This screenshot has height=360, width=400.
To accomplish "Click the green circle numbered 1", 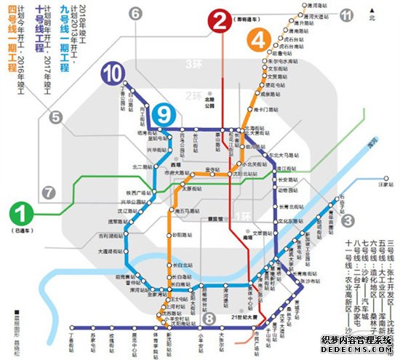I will click(x=21, y=216).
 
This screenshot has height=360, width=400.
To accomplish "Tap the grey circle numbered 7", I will click(x=49, y=193).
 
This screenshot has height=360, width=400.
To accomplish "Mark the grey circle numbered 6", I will click(x=135, y=15).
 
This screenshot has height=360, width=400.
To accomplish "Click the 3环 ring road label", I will click(x=193, y=65).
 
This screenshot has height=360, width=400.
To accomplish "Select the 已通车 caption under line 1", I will click(x=22, y=232).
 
